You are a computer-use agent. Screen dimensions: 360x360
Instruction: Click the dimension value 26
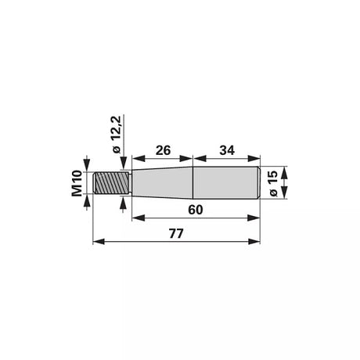point(163,150)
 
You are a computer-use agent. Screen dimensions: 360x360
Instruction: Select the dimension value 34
point(227,150)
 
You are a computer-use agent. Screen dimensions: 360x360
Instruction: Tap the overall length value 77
point(176,234)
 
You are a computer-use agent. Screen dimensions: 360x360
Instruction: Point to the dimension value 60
point(196,210)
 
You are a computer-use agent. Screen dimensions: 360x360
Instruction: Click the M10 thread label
point(77,183)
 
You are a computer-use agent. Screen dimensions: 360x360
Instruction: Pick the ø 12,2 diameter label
point(116,135)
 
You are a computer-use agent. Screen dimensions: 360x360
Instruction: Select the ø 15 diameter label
point(273,184)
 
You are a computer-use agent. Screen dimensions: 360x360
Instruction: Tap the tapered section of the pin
point(162,182)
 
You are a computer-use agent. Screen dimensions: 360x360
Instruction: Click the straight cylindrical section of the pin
point(226,182)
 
